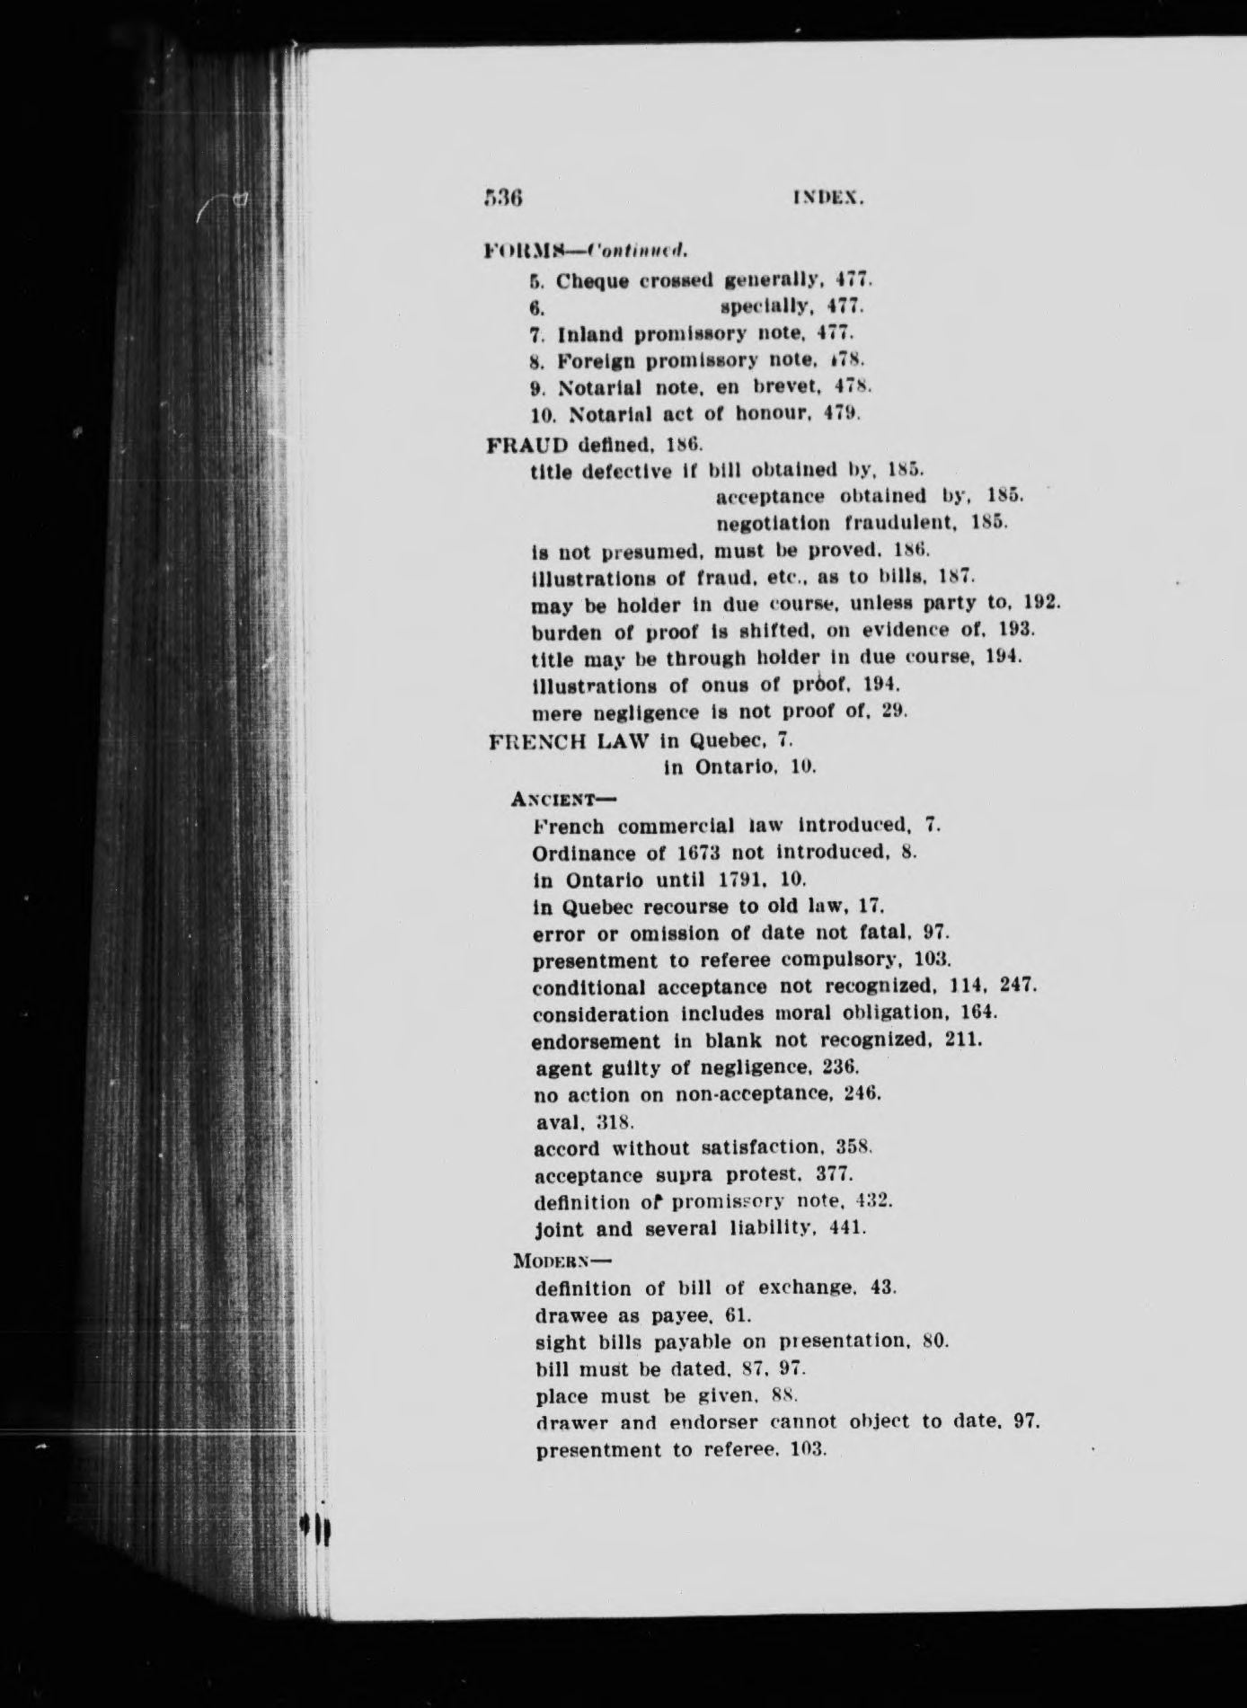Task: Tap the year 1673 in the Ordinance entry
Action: click(708, 852)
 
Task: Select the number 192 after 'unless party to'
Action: click(1042, 605)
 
